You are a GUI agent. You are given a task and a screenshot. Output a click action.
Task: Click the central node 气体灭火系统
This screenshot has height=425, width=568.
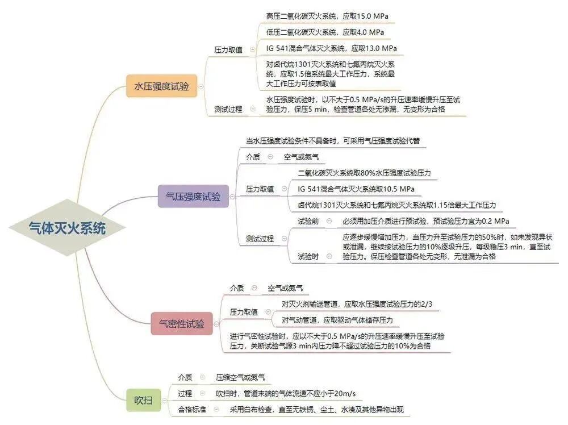pos(67,228)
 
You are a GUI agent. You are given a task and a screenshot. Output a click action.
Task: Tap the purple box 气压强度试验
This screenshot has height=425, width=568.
pos(193,197)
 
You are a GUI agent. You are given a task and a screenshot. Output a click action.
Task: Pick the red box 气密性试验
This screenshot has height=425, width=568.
pos(182,323)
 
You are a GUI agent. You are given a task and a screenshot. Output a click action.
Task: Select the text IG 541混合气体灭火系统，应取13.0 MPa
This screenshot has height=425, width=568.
pos(331,48)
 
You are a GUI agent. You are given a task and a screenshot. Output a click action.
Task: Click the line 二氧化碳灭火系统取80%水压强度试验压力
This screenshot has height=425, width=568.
pos(364,172)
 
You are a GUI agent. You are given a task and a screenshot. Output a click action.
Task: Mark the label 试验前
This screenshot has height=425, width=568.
pos(308,220)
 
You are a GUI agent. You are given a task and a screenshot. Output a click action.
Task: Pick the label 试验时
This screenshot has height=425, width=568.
pos(308,257)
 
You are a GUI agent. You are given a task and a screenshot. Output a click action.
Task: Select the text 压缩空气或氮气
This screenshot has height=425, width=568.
pos(240,377)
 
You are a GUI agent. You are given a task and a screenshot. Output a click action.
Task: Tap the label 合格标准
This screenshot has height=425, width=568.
pos(192,409)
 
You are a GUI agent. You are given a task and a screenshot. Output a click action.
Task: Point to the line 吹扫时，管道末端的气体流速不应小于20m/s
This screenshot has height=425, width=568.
pos(286,393)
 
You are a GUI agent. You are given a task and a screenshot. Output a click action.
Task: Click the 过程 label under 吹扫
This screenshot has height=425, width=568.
pos(185,393)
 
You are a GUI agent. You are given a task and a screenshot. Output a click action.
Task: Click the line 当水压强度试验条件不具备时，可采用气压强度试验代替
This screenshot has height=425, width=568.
pos(332,140)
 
